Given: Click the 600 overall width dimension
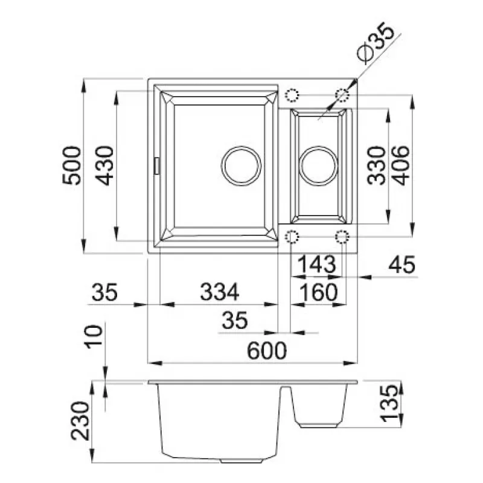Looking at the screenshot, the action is click(267, 351).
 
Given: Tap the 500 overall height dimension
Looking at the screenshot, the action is click(71, 165).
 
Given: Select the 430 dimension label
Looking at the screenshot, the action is click(104, 165).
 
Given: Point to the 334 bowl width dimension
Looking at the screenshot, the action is click(219, 292).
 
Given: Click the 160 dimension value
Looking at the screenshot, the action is click(318, 293).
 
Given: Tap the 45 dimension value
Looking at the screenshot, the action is click(401, 264).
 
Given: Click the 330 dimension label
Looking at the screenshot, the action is click(376, 165).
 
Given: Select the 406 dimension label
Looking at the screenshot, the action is click(400, 165).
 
